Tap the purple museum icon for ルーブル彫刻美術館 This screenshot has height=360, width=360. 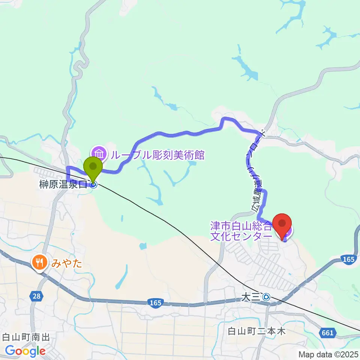[99, 153]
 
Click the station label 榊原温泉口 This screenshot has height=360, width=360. [63, 184]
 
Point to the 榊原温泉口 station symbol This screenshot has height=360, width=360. [93, 184]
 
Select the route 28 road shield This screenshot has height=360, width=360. [36, 296]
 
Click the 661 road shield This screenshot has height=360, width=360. [328, 332]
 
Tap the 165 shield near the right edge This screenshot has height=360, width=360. [348, 259]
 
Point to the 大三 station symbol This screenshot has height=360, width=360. [266, 297]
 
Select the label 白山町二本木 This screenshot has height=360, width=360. [257, 331]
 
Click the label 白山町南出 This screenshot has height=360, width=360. [26, 337]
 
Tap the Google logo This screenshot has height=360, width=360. [25, 351]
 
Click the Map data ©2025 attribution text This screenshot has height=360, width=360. [328, 354]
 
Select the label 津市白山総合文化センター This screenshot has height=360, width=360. [241, 231]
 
